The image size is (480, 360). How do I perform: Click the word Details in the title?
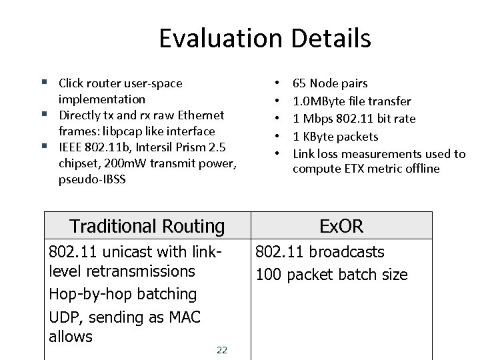click(331, 39)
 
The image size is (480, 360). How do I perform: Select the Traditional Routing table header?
click(147, 227)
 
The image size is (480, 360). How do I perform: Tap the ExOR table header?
click(341, 227)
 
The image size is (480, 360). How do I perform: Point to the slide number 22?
click(222, 350)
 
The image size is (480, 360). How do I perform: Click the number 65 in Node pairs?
click(299, 83)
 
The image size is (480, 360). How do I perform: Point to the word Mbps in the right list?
click(316, 119)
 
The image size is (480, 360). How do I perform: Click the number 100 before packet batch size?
click(269, 275)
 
